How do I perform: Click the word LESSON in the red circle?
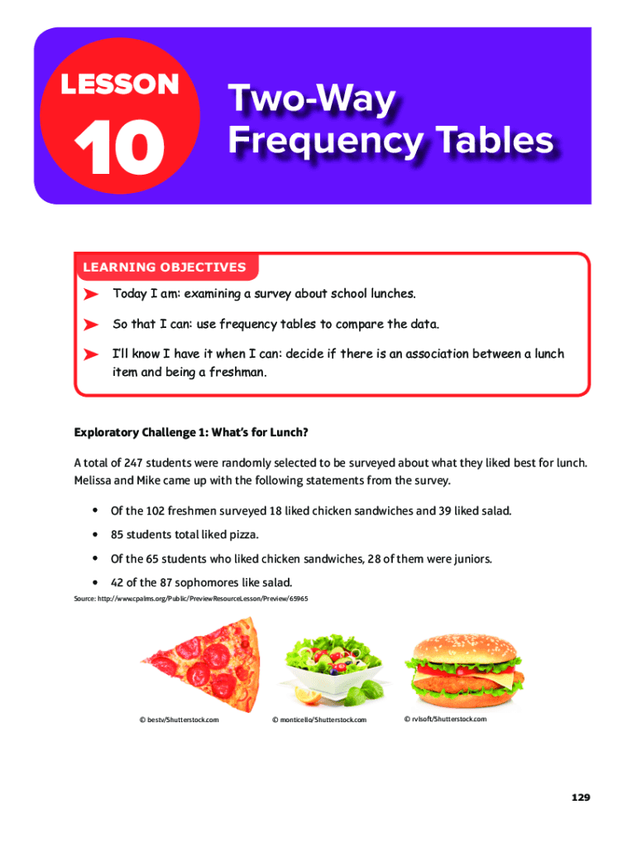(x=119, y=84)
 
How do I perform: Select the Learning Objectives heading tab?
(x=164, y=267)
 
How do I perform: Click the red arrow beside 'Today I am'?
(x=92, y=294)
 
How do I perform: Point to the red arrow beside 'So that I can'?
(x=92, y=324)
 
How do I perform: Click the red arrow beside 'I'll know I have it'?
(x=92, y=354)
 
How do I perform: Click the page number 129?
(x=579, y=797)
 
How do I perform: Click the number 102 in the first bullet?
(x=157, y=511)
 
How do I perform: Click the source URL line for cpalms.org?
(x=190, y=598)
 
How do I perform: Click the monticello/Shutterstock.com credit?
(x=318, y=720)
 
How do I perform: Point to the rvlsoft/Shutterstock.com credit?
(x=445, y=719)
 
